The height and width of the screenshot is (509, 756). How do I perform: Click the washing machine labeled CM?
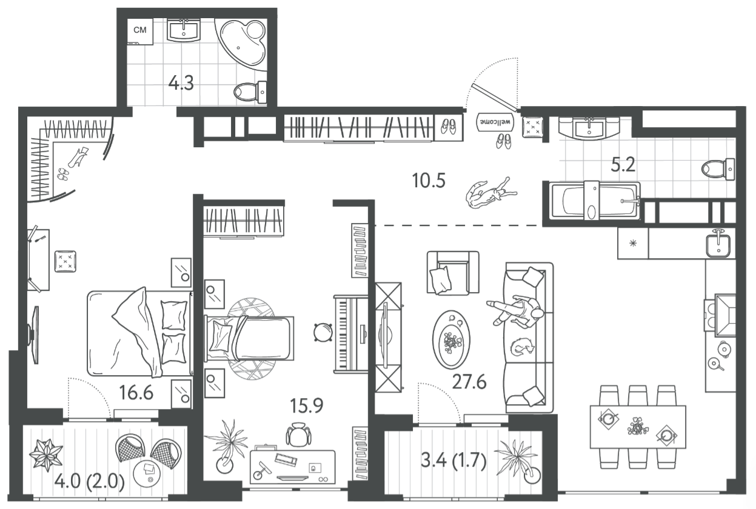(x=141, y=32)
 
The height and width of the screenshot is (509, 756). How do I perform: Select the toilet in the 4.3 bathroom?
(x=250, y=91)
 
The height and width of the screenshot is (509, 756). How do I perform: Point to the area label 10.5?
(x=429, y=181)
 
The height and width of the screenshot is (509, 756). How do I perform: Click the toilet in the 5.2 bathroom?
(x=718, y=168)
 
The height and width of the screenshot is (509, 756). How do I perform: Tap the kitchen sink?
(x=718, y=244)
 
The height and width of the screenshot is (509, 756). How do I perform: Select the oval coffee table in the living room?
(x=452, y=339)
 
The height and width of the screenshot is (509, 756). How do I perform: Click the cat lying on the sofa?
(x=522, y=347)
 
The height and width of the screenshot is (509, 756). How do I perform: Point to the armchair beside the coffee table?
(x=453, y=273)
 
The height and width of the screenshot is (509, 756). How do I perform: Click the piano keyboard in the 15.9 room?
(x=351, y=334)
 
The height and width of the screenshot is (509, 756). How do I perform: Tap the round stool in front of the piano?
(x=323, y=332)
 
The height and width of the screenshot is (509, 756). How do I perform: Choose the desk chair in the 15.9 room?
(x=298, y=434)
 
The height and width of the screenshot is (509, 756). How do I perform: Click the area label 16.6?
(x=136, y=393)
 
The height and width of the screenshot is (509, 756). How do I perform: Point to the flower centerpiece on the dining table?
(x=638, y=427)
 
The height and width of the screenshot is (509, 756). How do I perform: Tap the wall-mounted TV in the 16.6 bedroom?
(x=35, y=335)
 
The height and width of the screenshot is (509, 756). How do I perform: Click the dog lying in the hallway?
(x=490, y=193)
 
